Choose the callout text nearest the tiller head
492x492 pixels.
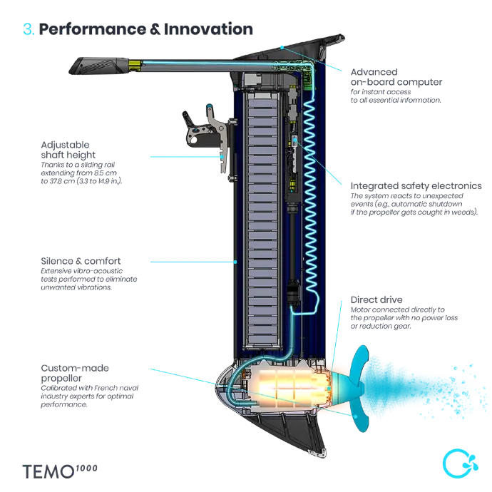click(x=396, y=86)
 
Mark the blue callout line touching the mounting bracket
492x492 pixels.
click(x=185, y=155)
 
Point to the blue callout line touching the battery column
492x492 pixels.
click(x=193, y=262)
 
